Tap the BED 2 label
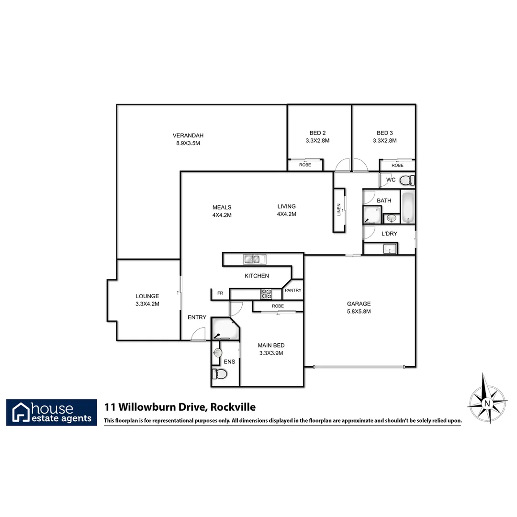(317, 133)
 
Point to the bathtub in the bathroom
(408, 208)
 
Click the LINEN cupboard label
(339, 210)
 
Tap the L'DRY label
(389, 234)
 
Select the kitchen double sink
(255, 259)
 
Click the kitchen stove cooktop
(266, 293)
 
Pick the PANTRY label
(292, 291)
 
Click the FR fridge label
(220, 293)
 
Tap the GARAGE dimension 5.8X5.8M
(359, 311)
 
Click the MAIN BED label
(271, 345)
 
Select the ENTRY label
(197, 317)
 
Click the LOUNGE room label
(147, 296)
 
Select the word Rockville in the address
(233, 407)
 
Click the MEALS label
(222, 207)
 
